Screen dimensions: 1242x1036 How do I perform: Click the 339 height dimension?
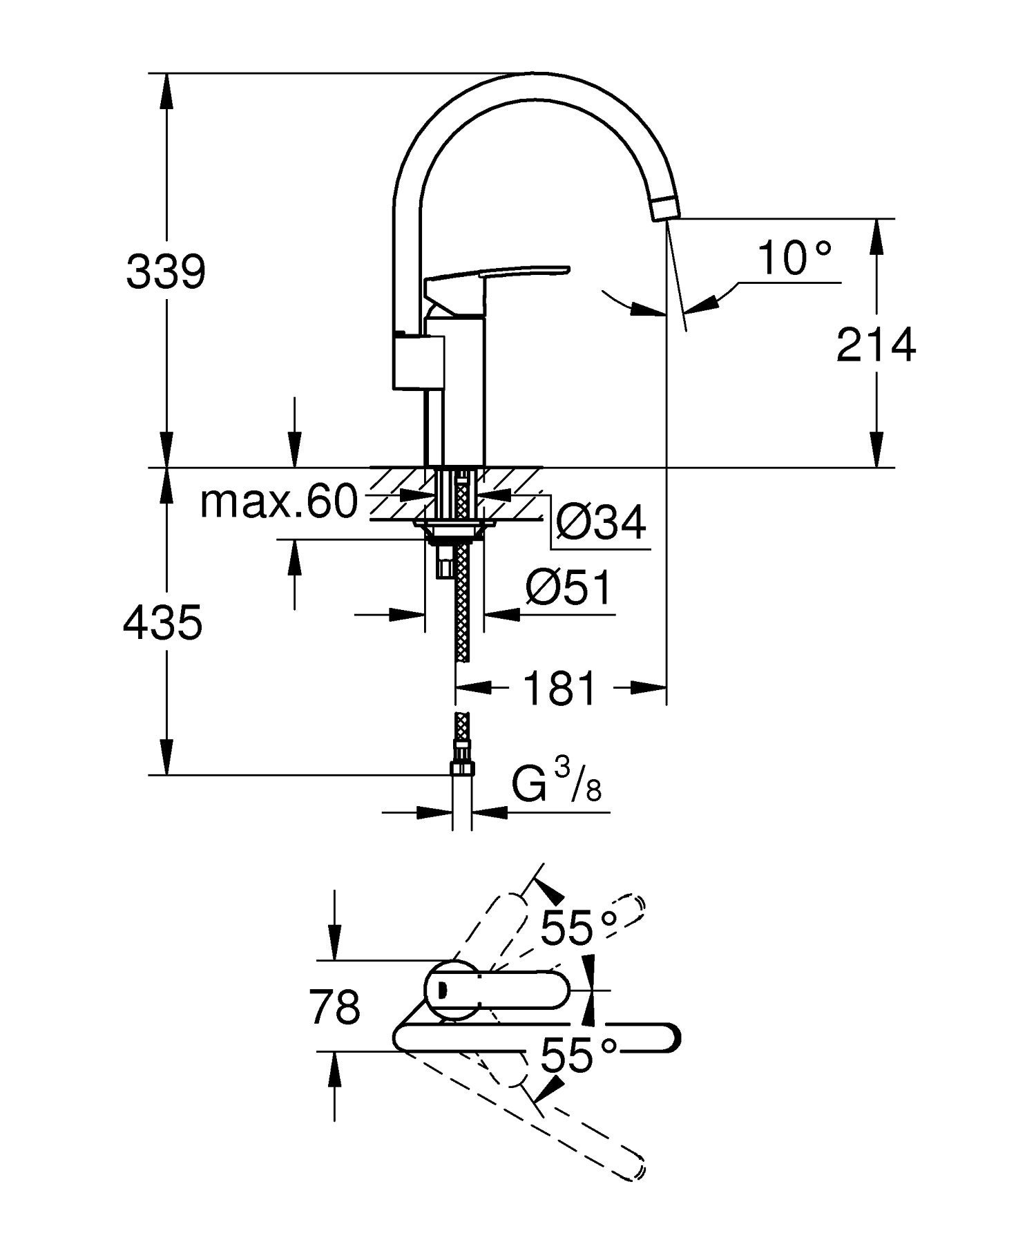[166, 272]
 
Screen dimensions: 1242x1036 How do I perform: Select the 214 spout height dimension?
[875, 345]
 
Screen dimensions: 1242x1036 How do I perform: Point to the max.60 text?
[278, 502]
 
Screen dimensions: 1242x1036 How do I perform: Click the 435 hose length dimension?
[162, 622]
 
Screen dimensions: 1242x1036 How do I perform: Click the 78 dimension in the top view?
[334, 1006]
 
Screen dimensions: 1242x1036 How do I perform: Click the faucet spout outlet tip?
[666, 208]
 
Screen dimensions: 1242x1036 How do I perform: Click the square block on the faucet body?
[418, 361]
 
